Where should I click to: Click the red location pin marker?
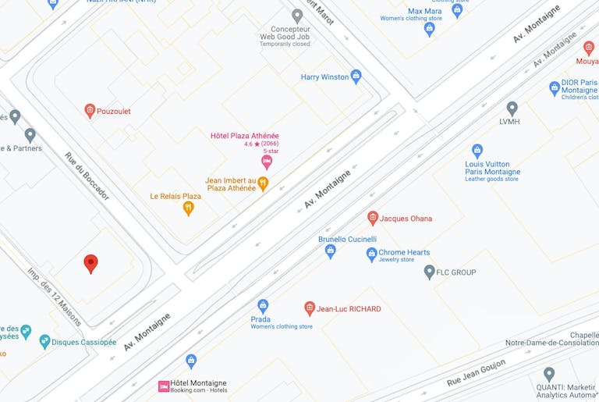click(90, 263)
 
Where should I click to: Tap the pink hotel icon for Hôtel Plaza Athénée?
click(267, 162)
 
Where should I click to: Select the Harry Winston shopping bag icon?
click(356, 76)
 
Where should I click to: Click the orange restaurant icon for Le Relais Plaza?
click(188, 208)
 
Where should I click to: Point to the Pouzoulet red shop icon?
click(90, 111)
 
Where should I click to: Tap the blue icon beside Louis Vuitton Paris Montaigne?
click(477, 151)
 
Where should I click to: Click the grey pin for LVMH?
click(512, 109)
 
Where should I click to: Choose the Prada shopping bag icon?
click(263, 306)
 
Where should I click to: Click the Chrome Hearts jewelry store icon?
click(371, 254)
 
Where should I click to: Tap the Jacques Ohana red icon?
click(373, 218)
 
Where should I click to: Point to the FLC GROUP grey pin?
click(429, 272)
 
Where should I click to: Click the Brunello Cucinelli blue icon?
click(330, 251)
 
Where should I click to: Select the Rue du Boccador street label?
click(87, 176)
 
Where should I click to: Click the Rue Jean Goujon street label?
click(476, 372)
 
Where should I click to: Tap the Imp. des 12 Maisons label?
click(55, 297)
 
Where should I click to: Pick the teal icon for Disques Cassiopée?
click(44, 342)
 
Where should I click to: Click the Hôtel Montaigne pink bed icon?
click(164, 386)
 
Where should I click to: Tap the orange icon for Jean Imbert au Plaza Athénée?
click(263, 184)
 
